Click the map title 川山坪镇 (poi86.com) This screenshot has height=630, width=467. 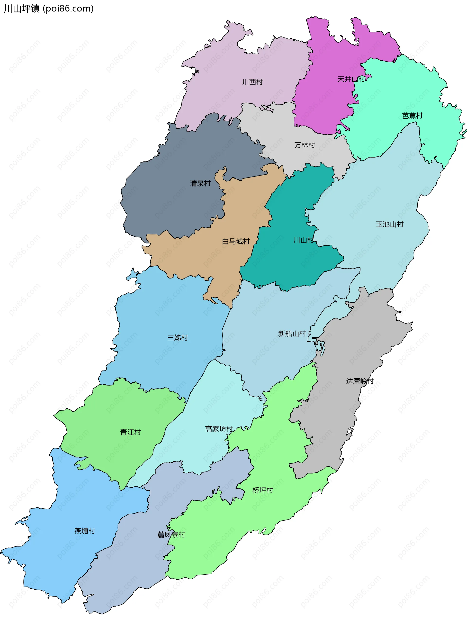(x=49, y=9)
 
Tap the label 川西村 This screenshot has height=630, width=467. (x=252, y=82)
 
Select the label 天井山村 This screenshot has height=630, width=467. (x=351, y=79)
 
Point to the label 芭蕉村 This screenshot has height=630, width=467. (x=412, y=116)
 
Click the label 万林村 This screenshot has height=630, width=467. (x=305, y=145)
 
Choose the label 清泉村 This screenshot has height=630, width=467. (x=200, y=183)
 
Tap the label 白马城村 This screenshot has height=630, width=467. (x=236, y=241)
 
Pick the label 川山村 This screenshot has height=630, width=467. (x=303, y=240)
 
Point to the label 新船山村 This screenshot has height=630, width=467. (x=292, y=334)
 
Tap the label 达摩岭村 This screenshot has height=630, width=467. (x=359, y=381)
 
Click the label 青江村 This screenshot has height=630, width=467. (x=130, y=432)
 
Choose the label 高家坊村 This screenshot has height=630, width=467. (x=219, y=429)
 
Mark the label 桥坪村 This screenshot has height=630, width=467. (x=263, y=490)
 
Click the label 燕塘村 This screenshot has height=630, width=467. (x=85, y=531)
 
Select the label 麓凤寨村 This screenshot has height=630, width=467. (x=171, y=534)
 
